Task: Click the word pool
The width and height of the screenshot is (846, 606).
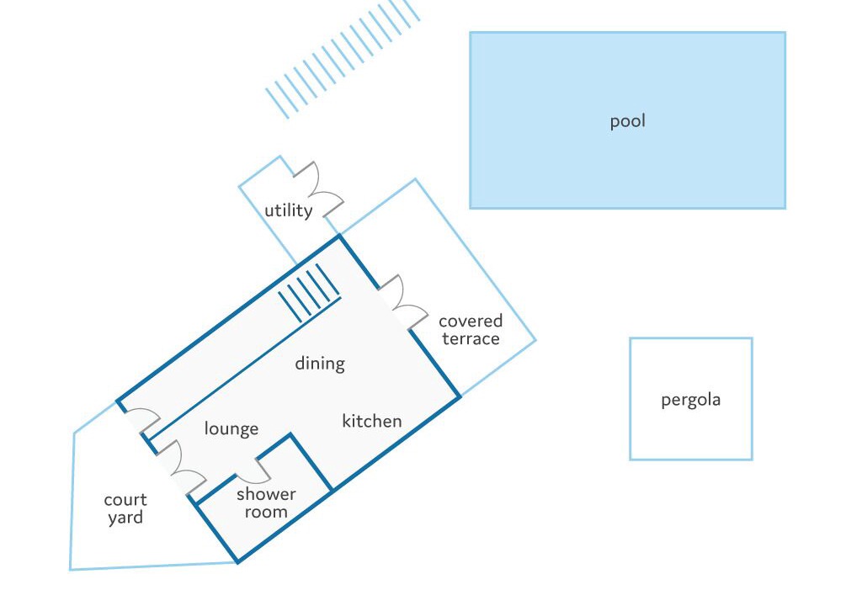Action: (x=627, y=121)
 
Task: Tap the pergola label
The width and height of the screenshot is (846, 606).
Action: (x=690, y=401)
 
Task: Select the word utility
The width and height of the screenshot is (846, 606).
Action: (x=288, y=210)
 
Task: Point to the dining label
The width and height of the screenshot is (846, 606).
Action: (x=319, y=363)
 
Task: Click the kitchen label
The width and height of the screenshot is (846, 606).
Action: (x=372, y=420)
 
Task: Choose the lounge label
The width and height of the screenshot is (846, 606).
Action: (x=231, y=428)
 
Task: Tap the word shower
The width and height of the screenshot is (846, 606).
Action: (x=266, y=494)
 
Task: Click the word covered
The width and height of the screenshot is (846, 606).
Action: (x=471, y=321)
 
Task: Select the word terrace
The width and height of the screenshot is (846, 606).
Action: (x=471, y=339)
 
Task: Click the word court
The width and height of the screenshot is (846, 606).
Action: (x=125, y=500)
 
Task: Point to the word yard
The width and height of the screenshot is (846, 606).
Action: (x=125, y=518)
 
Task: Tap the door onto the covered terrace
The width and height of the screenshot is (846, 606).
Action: (x=403, y=302)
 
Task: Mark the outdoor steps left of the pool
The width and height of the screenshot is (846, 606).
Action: (x=343, y=58)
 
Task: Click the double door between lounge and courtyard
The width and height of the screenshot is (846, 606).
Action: (x=181, y=468)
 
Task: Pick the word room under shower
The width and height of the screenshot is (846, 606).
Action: (x=266, y=512)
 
